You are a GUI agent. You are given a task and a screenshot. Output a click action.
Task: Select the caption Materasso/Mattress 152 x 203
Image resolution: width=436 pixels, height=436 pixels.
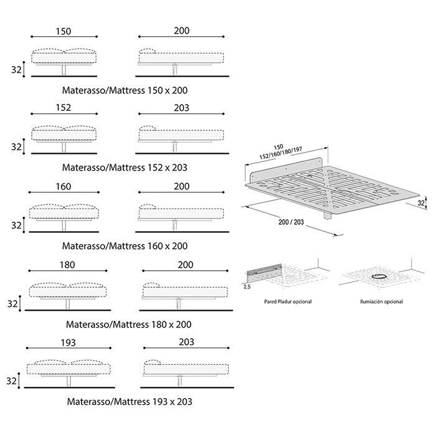(125, 168)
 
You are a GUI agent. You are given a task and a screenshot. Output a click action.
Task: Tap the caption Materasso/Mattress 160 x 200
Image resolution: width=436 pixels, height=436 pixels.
(125, 245)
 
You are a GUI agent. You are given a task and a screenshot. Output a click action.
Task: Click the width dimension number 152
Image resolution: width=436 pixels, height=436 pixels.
(63, 108)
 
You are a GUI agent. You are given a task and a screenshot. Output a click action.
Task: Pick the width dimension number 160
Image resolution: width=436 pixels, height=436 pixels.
(63, 186)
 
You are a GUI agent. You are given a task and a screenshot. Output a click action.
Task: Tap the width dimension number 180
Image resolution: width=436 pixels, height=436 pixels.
(67, 265)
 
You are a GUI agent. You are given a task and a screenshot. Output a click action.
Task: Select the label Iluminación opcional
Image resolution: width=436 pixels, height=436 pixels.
(381, 301)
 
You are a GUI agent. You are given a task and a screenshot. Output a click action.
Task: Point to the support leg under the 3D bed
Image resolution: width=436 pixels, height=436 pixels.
(328, 215)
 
